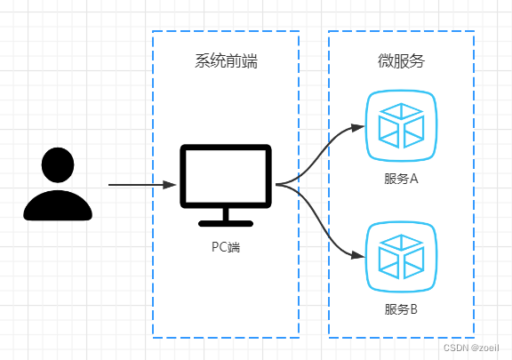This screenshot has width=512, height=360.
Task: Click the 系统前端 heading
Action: [x=227, y=60]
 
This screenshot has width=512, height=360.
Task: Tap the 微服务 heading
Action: [x=401, y=60]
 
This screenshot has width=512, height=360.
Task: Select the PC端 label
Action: [x=226, y=247]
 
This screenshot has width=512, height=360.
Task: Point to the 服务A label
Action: [x=401, y=179]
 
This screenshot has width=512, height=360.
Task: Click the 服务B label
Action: [x=401, y=309]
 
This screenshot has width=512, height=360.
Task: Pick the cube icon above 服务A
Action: [x=401, y=125]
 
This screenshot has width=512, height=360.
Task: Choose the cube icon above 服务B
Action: [x=401, y=257]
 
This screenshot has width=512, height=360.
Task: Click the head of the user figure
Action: [x=58, y=165]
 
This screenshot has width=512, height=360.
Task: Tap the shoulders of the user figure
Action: [x=58, y=205]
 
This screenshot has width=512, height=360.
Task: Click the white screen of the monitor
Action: [x=226, y=176]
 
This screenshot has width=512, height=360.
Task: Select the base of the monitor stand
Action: [x=226, y=224]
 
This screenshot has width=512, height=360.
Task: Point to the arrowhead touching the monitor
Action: [x=170, y=185]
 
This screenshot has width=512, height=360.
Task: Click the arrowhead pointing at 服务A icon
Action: [x=358, y=127]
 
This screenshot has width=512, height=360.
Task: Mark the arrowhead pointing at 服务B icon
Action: [x=358, y=255]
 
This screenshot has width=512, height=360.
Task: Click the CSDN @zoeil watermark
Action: [x=471, y=348]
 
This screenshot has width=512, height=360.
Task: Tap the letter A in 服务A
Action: [x=413, y=179]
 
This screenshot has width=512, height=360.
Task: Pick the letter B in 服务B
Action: [x=413, y=309]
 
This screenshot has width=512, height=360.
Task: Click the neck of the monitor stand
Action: [x=226, y=214]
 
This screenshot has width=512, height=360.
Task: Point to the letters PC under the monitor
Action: [x=219, y=247]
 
